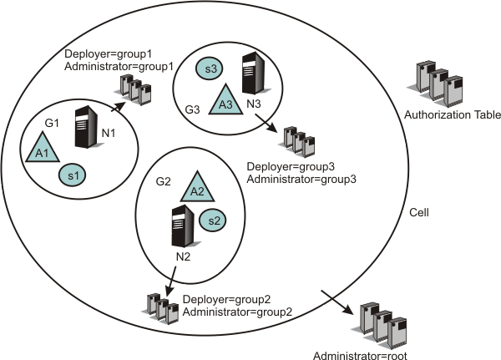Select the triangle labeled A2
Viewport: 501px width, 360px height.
pyautogui.click(x=196, y=187)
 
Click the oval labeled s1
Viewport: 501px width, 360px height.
pyautogui.click(x=73, y=175)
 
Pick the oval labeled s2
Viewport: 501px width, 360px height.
pyautogui.click(x=212, y=221)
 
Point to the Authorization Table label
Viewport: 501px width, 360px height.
pyautogui.click(x=451, y=115)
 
